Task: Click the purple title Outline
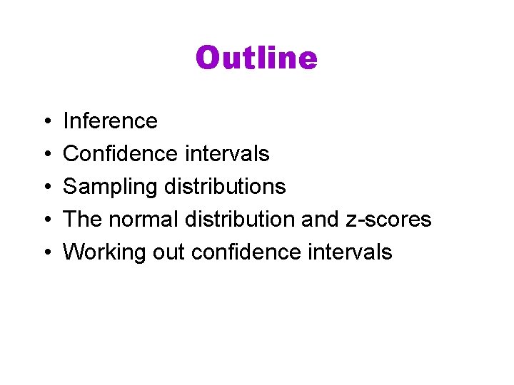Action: [x=256, y=58]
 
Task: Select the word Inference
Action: [x=110, y=120]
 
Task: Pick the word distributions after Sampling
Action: [x=225, y=186]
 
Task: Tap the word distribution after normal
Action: [x=241, y=219]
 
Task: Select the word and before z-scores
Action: [x=320, y=219]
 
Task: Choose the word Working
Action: [x=104, y=252]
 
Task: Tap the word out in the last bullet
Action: [x=166, y=252]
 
